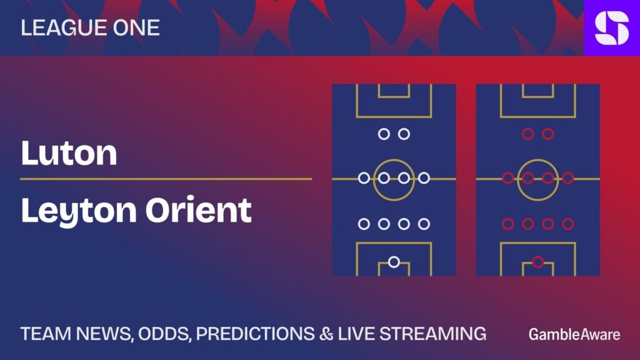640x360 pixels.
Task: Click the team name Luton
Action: (69, 153)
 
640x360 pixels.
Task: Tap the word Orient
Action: (199, 210)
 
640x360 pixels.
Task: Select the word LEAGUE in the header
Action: (64, 27)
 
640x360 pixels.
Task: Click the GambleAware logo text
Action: (574, 334)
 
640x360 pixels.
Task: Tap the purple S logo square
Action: (612, 27)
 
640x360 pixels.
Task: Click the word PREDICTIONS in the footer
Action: (255, 334)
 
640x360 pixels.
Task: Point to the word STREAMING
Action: (433, 334)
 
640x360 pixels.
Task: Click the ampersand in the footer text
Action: (326, 334)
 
